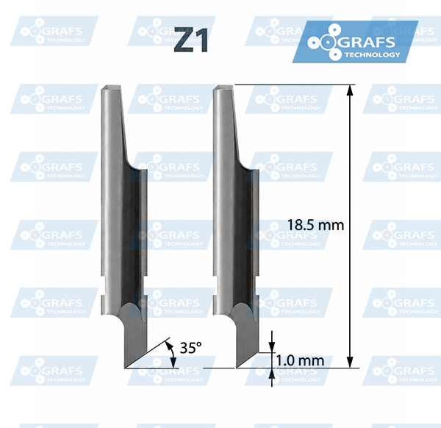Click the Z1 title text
pyautogui.click(x=191, y=40)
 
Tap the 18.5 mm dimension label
pyautogui.click(x=315, y=225)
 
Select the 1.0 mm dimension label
pyautogui.click(x=300, y=360)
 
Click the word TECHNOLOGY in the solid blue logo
pyautogui.click(x=373, y=54)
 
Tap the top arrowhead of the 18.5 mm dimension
pyautogui.click(x=350, y=90)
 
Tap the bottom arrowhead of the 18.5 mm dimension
pyautogui.click(x=350, y=362)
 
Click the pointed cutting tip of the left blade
pyautogui.click(x=125, y=368)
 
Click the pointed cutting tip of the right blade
pyautogui.click(x=237, y=367)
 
